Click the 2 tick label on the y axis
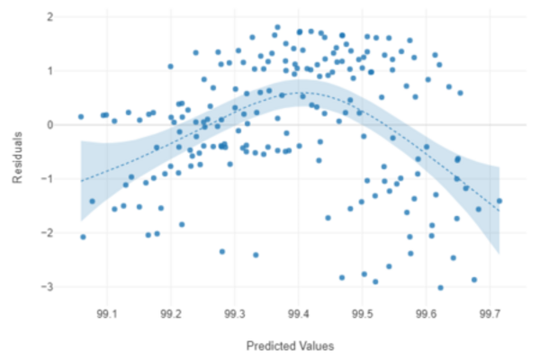(49, 17)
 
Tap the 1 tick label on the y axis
(49, 71)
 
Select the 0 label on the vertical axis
(49, 125)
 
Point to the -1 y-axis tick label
(47, 179)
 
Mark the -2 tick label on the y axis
(47, 233)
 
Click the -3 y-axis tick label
(47, 287)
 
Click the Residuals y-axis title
(17, 152)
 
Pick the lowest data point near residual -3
(440, 288)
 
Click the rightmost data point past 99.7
(499, 201)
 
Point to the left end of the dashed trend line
(81, 181)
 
